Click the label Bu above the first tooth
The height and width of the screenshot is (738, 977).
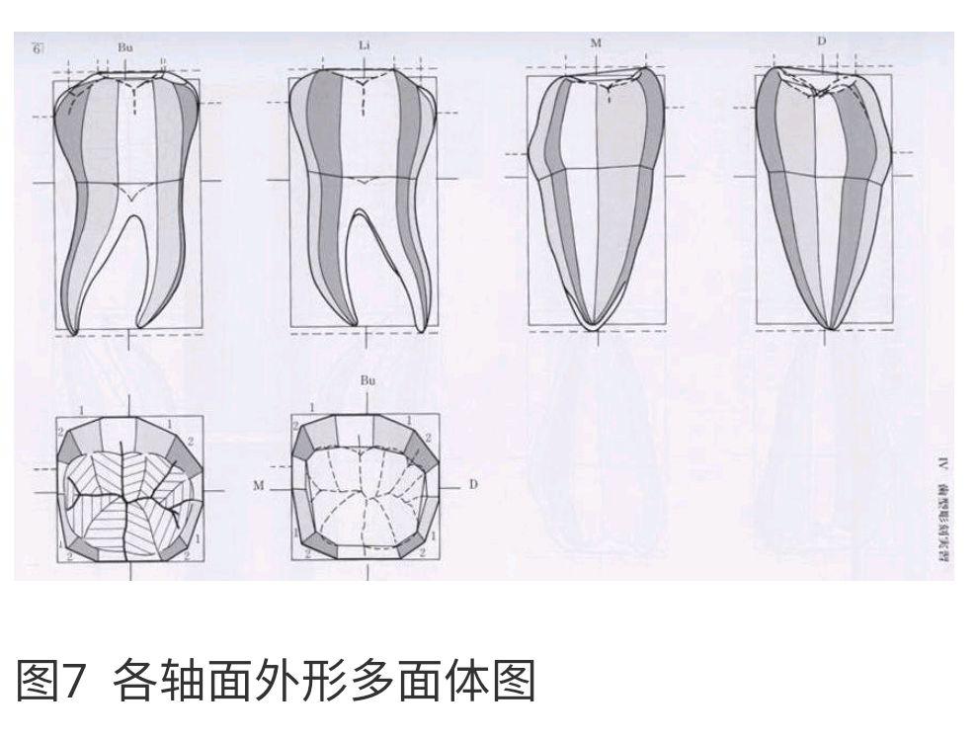tap(126, 47)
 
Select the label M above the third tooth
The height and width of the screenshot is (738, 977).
tap(596, 43)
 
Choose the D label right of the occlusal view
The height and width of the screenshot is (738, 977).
tap(473, 485)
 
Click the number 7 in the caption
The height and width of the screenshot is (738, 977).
tap(76, 683)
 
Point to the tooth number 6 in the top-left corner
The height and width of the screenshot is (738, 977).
tap(38, 47)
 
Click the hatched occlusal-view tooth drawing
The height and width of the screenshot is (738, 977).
tap(128, 489)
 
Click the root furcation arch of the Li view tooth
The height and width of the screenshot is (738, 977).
tap(364, 214)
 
